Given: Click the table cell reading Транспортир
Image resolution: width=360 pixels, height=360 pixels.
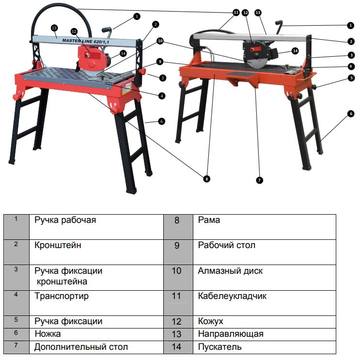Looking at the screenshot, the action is point(96,303).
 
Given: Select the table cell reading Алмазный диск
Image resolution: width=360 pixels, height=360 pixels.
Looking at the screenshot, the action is point(264,278).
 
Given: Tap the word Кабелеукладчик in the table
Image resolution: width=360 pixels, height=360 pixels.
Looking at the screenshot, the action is point(232,296).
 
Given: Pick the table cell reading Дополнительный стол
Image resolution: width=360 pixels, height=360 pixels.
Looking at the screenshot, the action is point(96,347).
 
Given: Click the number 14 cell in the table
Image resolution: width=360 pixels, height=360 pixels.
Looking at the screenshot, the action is point(178,347).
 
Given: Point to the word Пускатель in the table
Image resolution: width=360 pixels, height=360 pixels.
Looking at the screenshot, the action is point(219,347).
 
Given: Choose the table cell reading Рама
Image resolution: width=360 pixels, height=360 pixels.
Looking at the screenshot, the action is point(264,227).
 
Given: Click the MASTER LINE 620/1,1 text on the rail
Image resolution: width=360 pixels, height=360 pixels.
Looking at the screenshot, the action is point(86,41).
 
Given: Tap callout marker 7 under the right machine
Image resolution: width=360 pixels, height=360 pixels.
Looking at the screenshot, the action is point(259,180).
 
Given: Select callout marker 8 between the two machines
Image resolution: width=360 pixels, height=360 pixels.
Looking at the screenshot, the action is point(206,179).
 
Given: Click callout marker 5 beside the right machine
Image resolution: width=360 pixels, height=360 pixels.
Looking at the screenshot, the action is point(351,78).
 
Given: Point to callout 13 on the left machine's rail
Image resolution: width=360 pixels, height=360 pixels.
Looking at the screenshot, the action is point(54,28).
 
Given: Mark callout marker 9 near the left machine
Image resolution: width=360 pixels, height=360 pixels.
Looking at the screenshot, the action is point(160,62).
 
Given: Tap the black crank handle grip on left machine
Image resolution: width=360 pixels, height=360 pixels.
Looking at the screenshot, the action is point(107,30).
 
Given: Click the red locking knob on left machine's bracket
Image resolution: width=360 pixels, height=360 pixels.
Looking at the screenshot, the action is point(142,71).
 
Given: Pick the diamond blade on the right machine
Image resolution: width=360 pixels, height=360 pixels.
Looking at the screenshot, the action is point(256,62).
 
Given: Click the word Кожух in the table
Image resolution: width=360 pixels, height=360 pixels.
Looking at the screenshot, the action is point(211,321).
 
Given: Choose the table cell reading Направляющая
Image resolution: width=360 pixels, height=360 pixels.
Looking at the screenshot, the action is point(264,334).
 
